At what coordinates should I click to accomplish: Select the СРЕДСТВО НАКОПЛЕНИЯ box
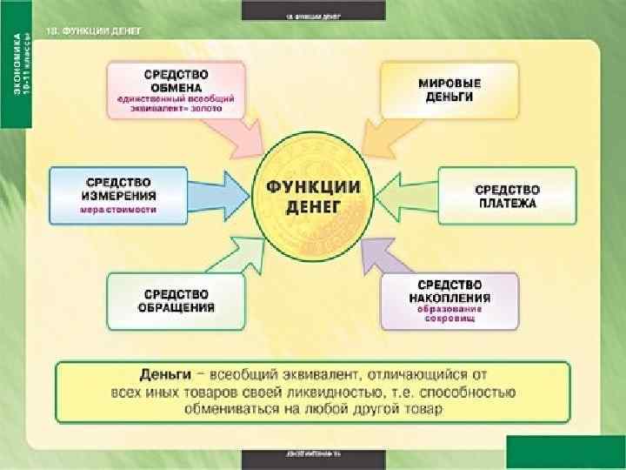[448, 300]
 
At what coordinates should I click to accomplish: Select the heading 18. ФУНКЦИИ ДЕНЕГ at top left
[96, 30]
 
